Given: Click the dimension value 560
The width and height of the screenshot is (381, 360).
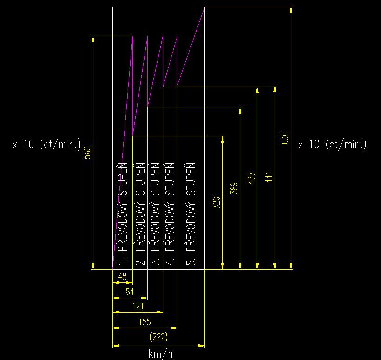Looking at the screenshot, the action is [x=87, y=153].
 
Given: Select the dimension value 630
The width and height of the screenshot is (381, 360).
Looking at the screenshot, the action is [x=285, y=138].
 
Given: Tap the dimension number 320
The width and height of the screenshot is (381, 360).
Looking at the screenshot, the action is [x=216, y=203].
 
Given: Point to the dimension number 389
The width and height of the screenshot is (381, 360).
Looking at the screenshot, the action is [x=234, y=188].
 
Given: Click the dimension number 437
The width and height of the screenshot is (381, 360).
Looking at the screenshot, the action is [x=251, y=178].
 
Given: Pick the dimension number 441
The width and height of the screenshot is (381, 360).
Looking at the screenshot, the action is [x=269, y=177].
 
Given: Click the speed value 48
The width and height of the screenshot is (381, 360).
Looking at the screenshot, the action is [x=123, y=277].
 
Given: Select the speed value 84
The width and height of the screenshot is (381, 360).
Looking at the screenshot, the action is [x=130, y=292].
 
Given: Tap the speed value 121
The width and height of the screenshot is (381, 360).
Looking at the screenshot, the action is [x=138, y=306].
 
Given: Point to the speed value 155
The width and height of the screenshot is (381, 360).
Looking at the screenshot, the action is [x=145, y=322].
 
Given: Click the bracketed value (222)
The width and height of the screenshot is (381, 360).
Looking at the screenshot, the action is [x=158, y=337].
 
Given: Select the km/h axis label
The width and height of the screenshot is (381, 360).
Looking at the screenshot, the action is [x=161, y=353].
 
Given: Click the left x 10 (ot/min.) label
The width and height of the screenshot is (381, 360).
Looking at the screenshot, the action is [x=46, y=144].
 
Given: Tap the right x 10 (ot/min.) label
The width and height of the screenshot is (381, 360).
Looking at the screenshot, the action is [x=332, y=144].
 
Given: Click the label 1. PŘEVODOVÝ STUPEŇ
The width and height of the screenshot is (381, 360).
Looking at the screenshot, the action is [x=123, y=213].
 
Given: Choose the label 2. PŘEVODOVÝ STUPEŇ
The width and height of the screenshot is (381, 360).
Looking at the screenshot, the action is [x=140, y=213].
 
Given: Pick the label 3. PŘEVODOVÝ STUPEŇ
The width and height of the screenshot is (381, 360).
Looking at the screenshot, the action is [x=155, y=213].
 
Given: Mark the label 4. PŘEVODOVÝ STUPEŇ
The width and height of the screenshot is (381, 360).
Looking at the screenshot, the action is [x=170, y=213].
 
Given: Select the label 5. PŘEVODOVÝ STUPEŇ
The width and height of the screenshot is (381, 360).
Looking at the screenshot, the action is [x=191, y=213].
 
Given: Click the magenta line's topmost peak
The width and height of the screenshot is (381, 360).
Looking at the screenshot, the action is [x=204, y=7].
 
